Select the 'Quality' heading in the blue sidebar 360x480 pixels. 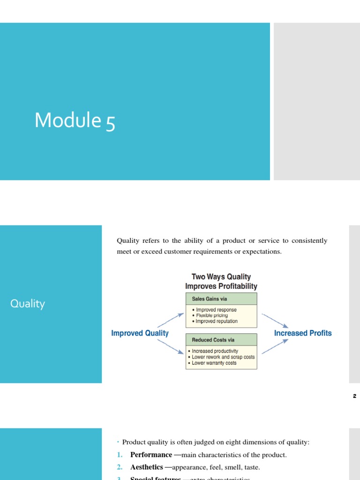click(28, 304)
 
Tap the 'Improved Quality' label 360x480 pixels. click(140, 333)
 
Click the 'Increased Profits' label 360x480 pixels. click(303, 333)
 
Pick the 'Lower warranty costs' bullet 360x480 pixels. click(214, 363)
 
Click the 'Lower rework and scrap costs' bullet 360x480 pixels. click(223, 357)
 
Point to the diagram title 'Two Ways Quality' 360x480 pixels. click(221, 277)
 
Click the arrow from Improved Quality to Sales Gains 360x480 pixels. click(171, 320)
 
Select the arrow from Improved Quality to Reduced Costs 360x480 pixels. click(171, 346)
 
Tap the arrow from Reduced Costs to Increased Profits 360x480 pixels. click(275, 346)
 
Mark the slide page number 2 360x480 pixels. click(354, 396)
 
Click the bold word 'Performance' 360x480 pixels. click(151, 455)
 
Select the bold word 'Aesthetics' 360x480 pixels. click(146, 467)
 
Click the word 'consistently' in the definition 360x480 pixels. click(309, 240)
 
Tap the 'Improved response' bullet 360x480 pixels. click(216, 310)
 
